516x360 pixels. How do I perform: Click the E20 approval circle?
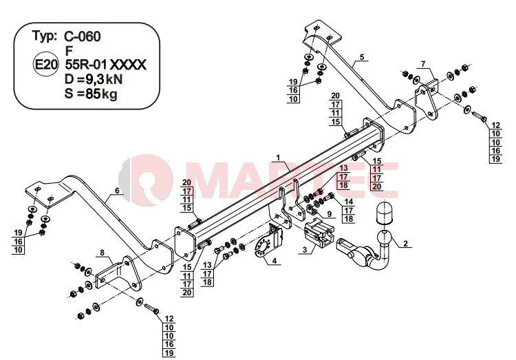click(x=46, y=65)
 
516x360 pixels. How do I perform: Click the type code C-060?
click(x=83, y=36)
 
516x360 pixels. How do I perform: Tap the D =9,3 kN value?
click(x=94, y=79)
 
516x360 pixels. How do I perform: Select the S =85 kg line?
click(x=91, y=94)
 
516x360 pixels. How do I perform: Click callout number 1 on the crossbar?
click(x=278, y=158)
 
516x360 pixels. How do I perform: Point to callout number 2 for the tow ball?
click(x=405, y=244)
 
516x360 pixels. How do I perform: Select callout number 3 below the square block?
click(x=305, y=250)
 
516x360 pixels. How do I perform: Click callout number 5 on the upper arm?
click(x=362, y=57)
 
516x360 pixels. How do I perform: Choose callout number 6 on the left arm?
click(x=117, y=191)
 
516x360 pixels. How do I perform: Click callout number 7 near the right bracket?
click(x=423, y=63)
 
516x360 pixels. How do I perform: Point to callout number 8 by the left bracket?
click(x=103, y=253)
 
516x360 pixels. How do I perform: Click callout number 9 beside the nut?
click(x=330, y=214)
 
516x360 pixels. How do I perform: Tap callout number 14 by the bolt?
click(x=349, y=202)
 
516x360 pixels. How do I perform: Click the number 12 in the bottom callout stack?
click(x=169, y=319)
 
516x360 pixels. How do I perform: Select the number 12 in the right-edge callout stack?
click(x=495, y=125)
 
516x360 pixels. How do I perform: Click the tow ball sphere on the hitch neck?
click(x=383, y=237)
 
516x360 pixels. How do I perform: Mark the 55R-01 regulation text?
click(x=86, y=65)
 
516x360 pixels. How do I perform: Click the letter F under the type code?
click(x=69, y=51)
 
